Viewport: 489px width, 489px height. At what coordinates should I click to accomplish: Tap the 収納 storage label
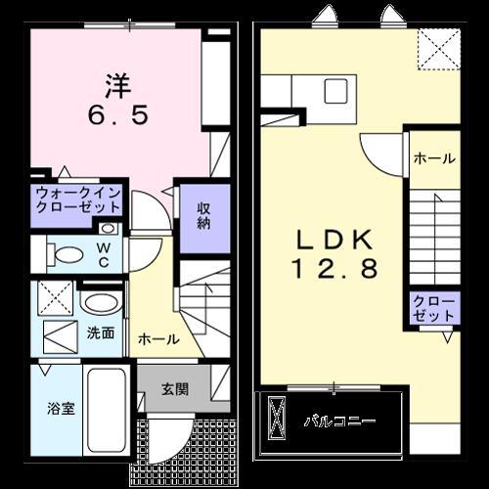(x=203, y=216)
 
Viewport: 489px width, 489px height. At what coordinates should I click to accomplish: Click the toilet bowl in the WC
(x=68, y=255)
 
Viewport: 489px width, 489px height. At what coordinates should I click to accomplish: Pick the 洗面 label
(x=101, y=333)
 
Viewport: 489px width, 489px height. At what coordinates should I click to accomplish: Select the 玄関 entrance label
(x=175, y=388)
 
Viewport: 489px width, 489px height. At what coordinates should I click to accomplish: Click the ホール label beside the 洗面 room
(x=158, y=339)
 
